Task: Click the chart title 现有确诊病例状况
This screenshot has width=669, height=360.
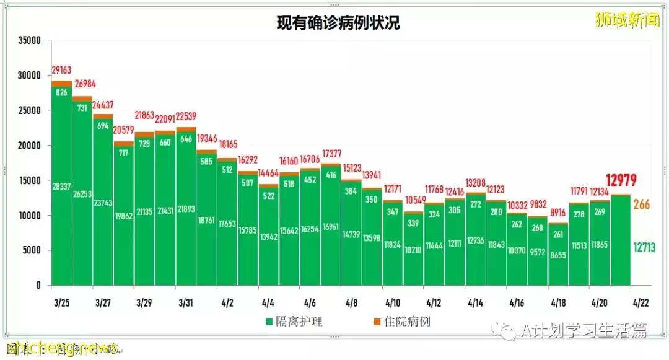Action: click(338, 24)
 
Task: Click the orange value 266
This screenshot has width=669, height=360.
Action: click(641, 204)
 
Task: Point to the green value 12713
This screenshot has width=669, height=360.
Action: click(641, 248)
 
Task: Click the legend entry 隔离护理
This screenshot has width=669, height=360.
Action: click(294, 322)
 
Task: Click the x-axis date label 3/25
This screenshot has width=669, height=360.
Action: click(61, 303)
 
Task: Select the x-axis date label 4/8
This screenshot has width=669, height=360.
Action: click(351, 303)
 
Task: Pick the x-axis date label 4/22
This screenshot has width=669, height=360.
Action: click(641, 303)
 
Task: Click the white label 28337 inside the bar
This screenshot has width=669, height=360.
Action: click(61, 185)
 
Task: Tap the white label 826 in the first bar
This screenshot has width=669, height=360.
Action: click(61, 93)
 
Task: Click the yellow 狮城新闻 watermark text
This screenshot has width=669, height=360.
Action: click(626, 20)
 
